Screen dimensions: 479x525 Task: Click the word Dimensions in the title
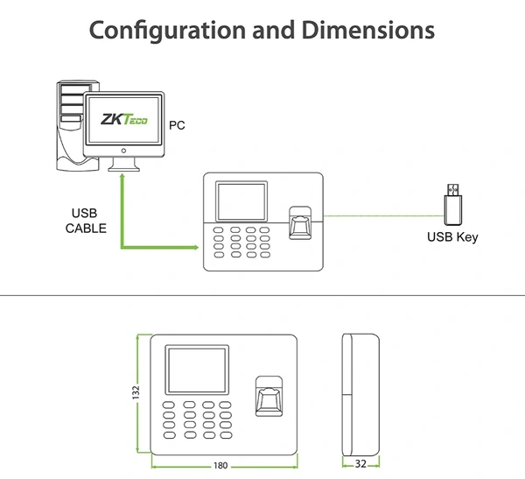tap(368, 31)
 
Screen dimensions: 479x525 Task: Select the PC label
tap(177, 126)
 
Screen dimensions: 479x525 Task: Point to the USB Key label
tap(452, 236)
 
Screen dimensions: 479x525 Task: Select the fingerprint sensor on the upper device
tap(300, 223)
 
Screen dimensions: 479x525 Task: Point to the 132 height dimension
tap(136, 393)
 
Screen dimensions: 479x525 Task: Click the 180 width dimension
tap(220, 465)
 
